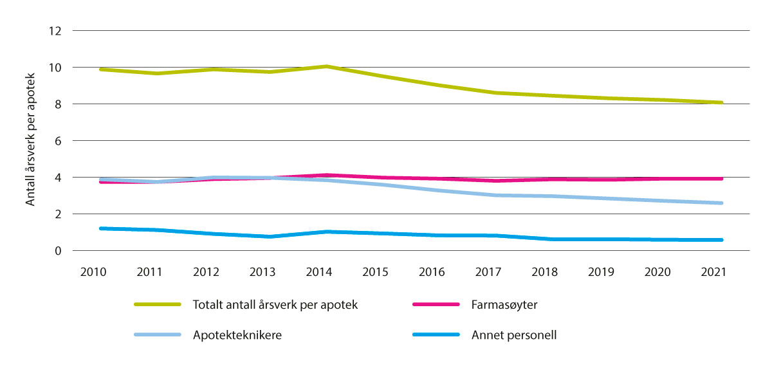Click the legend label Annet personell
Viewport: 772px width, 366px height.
click(x=512, y=335)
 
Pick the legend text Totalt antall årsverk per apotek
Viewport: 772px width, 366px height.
click(x=275, y=305)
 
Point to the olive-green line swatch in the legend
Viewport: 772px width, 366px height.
click(x=157, y=305)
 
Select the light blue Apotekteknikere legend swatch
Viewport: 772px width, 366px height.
click(x=157, y=335)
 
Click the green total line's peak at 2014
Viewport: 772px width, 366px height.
click(x=326, y=66)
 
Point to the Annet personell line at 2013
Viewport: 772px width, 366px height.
click(x=270, y=237)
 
